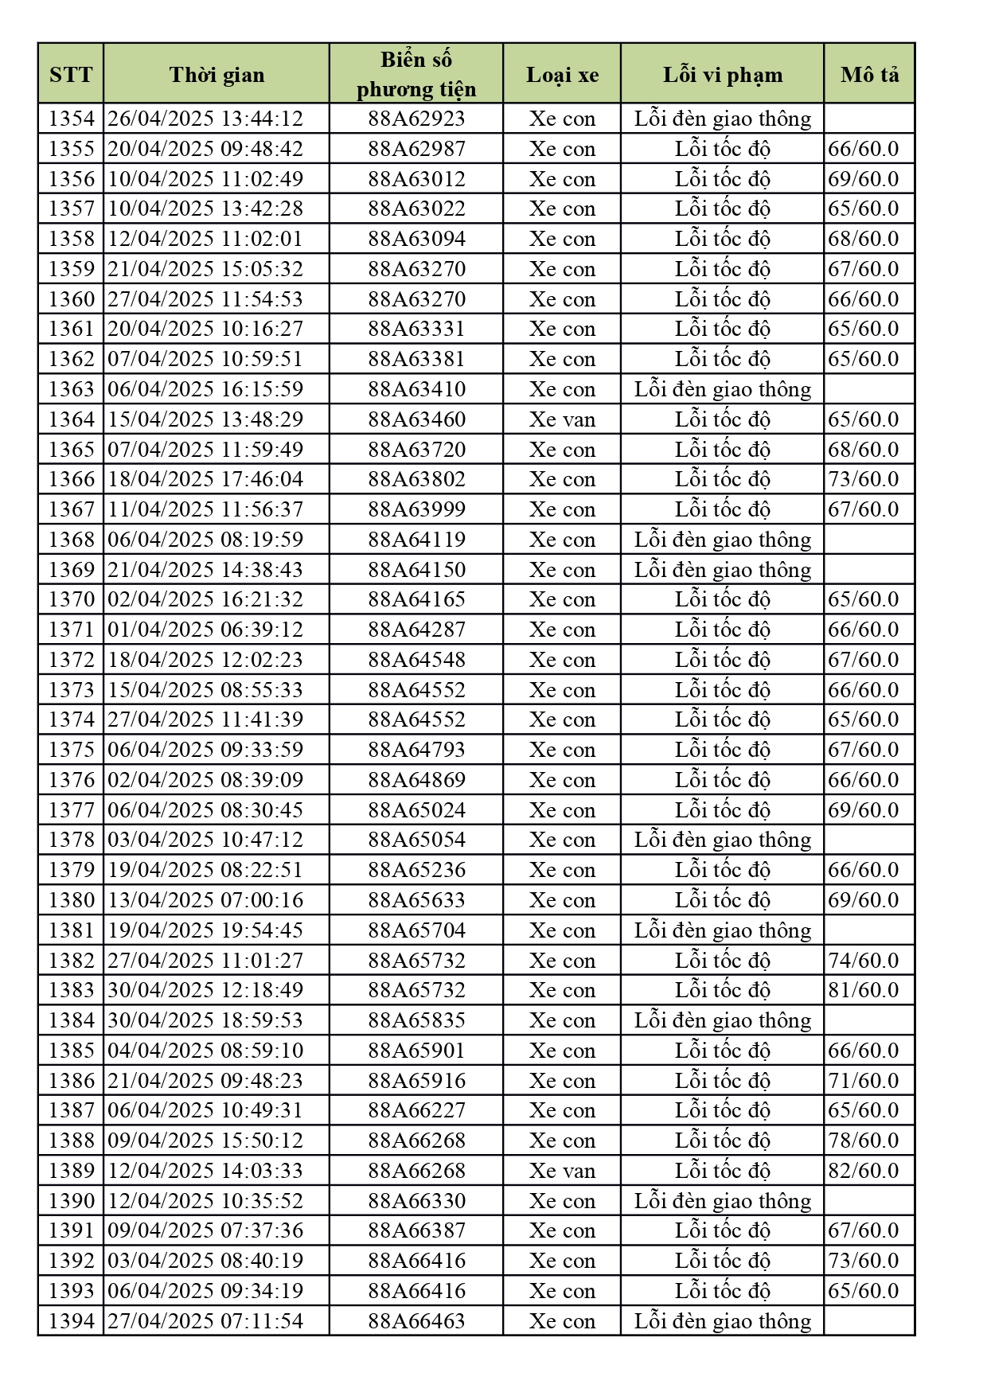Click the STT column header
coord(71,75)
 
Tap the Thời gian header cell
coord(217,75)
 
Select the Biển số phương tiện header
coord(416,74)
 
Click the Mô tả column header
coord(869,75)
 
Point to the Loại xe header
coord(562,75)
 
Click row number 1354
coord(71,119)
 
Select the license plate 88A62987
coord(416,149)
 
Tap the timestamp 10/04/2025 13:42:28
coord(205,209)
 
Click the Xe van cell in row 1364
coord(562,419)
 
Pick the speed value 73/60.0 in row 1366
coord(863,479)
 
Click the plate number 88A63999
coord(416,509)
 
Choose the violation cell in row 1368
coord(722,540)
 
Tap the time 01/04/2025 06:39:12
coord(205,630)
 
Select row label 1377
coord(71,810)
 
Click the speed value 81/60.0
coord(863,990)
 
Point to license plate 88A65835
coord(416,1020)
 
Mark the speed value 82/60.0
coord(863,1171)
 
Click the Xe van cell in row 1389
coord(562,1171)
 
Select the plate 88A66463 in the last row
coord(416,1321)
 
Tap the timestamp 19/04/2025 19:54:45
coord(205,930)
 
